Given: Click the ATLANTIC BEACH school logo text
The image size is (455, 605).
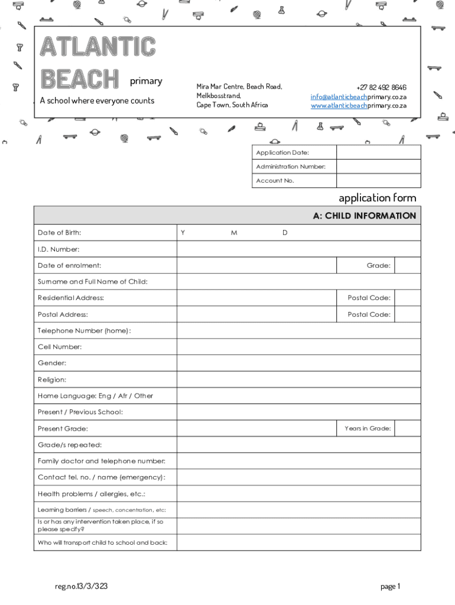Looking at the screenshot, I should [x=97, y=63].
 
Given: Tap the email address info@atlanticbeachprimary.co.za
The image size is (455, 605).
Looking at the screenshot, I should [x=359, y=96].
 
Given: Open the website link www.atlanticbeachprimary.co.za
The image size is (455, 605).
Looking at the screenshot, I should [x=359, y=105].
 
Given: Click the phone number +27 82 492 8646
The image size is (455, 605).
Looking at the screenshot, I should [x=381, y=87].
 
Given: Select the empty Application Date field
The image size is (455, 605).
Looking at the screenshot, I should [x=378, y=152].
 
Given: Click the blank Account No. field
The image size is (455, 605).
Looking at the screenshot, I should [x=378, y=181].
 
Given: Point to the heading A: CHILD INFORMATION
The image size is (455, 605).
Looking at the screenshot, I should [x=364, y=216].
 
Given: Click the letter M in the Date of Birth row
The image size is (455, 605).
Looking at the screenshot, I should [x=234, y=233].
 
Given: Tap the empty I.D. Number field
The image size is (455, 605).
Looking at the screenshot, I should [x=298, y=249].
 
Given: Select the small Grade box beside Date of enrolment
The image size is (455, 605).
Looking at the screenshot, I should [x=407, y=266].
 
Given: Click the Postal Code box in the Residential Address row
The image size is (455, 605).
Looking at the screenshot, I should [x=407, y=298].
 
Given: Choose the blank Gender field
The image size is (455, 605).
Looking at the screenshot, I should [x=298, y=363].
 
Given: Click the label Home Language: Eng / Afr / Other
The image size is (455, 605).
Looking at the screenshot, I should [x=95, y=396].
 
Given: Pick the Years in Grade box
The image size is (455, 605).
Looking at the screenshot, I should [x=407, y=428].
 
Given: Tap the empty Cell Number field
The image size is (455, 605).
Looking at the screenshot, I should [x=298, y=347].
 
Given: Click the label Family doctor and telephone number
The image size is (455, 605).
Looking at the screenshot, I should [x=102, y=461].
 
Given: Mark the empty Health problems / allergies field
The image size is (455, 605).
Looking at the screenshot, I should [x=298, y=494].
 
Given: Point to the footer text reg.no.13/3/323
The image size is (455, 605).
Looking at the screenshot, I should [x=81, y=587].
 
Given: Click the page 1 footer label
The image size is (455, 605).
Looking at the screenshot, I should [x=391, y=587].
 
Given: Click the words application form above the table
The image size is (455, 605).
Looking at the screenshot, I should [x=377, y=198].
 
